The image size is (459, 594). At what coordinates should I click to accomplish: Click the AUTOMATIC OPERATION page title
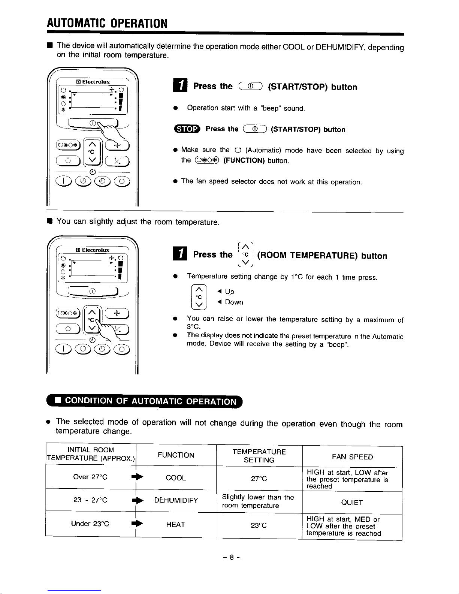(107, 24)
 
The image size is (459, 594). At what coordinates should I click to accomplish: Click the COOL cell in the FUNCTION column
(176, 478)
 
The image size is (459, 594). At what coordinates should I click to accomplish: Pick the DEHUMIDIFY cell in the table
(176, 500)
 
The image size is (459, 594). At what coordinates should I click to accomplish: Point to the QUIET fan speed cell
(352, 503)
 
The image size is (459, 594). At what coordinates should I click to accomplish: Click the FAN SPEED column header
(352, 457)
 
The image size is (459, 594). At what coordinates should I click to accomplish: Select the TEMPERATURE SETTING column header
(259, 456)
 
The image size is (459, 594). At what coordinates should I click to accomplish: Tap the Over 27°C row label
(90, 477)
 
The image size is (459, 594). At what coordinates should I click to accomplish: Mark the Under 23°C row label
(90, 524)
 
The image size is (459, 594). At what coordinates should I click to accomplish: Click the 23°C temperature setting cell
(259, 525)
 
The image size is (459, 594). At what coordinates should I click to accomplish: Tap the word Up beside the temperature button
(230, 292)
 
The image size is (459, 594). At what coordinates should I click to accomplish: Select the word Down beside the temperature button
(234, 302)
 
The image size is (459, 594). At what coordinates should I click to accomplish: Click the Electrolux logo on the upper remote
(93, 82)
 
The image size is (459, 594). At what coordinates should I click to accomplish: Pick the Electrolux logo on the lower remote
(93, 250)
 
